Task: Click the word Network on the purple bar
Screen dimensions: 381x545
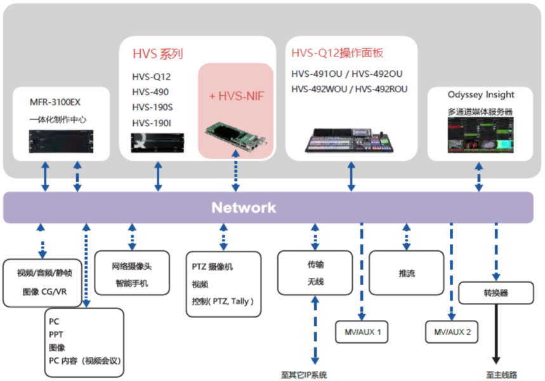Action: [x=244, y=208]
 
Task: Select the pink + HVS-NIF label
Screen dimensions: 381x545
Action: [x=237, y=96]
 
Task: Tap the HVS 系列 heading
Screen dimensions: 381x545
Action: [x=157, y=54]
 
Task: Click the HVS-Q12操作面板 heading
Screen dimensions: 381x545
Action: [x=338, y=53]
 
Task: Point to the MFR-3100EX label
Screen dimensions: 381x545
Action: [x=55, y=102]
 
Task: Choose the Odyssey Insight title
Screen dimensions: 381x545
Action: [x=481, y=95]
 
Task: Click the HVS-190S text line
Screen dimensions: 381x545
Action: [x=152, y=107]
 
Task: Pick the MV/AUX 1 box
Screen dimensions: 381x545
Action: [x=362, y=332]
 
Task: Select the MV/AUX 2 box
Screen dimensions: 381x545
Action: [x=452, y=332]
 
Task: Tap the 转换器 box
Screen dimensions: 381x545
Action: [x=496, y=293]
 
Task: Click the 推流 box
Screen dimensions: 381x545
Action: [x=407, y=272]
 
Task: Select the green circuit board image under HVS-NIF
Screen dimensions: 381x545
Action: [x=235, y=135]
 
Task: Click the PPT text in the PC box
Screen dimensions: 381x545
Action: [x=56, y=334]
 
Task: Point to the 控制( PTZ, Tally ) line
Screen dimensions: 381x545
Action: [x=223, y=301]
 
